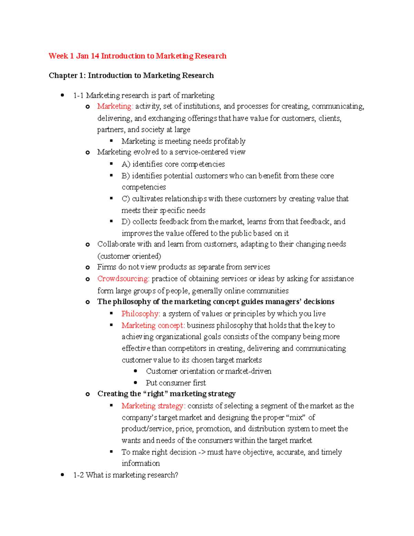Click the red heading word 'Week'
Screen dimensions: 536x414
coord(58,56)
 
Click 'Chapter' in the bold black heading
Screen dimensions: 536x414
coord(63,76)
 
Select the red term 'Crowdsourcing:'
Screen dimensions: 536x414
coord(123,279)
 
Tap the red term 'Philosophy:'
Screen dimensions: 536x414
coord(140,314)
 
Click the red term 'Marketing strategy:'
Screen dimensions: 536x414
coord(153,406)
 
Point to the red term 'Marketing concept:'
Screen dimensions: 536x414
coord(153,325)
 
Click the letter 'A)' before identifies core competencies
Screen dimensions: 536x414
coord(126,164)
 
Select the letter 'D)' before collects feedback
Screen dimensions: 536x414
coord(126,222)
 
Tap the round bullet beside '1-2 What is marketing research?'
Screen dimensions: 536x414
coord(62,475)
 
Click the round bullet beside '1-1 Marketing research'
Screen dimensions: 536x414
coord(62,95)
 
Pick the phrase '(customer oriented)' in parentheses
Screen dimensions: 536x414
coord(129,256)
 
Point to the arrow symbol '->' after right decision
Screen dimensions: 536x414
coord(202,452)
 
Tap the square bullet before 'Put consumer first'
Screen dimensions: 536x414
coord(136,382)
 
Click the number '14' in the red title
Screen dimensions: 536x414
coord(95,56)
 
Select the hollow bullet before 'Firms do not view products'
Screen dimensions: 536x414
coord(88,267)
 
